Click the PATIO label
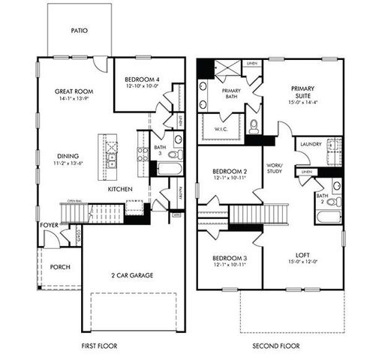tap(80, 31)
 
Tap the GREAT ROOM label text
tap(73, 91)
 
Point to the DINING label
tap(68, 155)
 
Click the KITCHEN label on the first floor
tap(120, 189)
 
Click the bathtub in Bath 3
tap(169, 169)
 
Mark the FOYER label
tap(49, 224)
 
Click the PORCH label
tap(60, 267)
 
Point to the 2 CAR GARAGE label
tap(131, 275)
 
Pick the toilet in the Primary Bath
tap(254, 126)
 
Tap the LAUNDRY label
tap(310, 143)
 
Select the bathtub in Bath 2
tap(329, 217)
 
